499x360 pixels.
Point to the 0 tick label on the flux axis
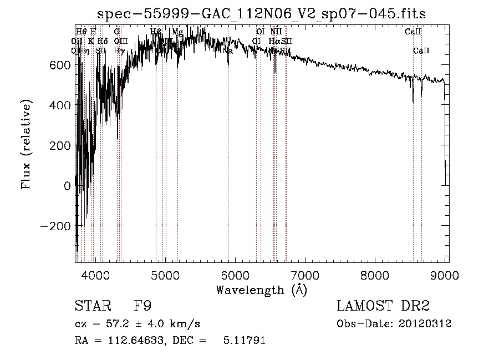point(67,186)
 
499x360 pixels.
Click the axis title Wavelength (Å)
point(261,290)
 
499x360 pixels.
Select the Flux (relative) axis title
point(26,144)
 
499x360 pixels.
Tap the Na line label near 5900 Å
point(227,50)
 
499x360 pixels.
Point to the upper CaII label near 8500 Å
point(413,32)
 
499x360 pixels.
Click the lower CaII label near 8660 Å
point(421,50)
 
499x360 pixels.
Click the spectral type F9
point(142,306)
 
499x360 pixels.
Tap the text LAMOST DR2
point(383,306)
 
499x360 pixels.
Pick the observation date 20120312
point(425,324)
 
